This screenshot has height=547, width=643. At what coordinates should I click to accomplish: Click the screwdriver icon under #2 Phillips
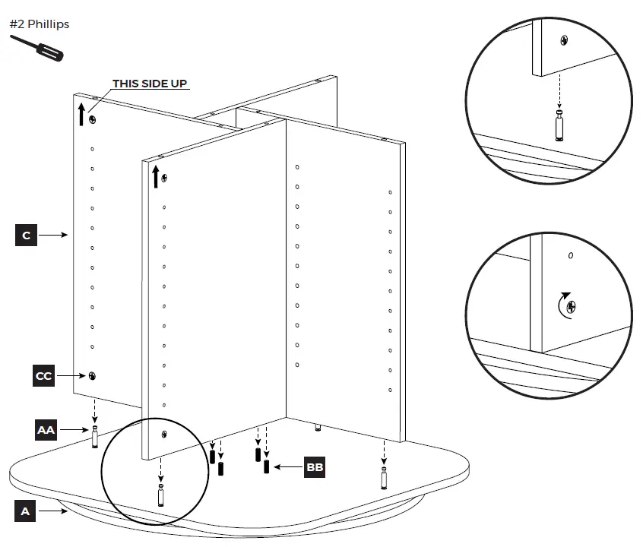(37, 48)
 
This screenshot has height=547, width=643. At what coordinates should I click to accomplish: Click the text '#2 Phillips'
(39, 24)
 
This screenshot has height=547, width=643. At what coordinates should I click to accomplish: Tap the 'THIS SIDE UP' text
(150, 84)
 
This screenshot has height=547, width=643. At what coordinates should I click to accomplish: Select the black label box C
(26, 236)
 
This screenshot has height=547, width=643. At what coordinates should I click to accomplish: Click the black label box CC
(44, 376)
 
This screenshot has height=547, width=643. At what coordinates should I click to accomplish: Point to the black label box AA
(46, 429)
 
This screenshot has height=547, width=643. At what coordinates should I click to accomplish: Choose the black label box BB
(314, 467)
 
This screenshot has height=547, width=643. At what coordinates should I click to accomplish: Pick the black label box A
(25, 511)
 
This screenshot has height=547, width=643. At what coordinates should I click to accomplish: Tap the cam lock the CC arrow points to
(92, 376)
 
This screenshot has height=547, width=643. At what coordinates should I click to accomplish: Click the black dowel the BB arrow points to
(267, 466)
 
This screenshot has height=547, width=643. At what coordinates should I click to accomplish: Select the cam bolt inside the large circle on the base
(161, 495)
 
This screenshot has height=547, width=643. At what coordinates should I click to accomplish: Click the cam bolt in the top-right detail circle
(560, 125)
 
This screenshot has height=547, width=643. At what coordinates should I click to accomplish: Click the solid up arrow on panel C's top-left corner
(81, 115)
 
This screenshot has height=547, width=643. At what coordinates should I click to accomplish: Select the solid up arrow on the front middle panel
(155, 176)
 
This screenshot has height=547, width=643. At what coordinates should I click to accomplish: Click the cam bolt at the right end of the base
(384, 478)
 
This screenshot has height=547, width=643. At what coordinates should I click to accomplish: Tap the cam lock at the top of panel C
(92, 119)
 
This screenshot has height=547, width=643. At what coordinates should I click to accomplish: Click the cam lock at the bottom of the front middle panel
(165, 434)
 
